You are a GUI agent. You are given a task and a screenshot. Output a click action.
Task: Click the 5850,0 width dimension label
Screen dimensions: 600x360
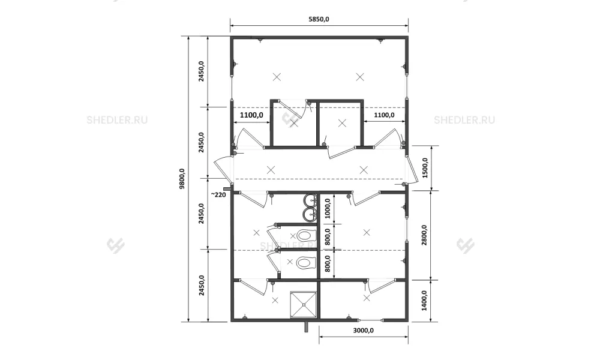coord(319,19)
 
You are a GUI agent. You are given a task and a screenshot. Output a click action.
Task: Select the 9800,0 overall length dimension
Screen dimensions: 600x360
coord(182,179)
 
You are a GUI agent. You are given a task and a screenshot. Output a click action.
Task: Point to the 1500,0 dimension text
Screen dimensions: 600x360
coord(425,168)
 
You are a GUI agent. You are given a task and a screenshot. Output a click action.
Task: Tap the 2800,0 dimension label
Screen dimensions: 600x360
coord(425,235)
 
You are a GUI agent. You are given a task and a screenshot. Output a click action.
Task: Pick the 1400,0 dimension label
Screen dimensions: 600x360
coord(425,301)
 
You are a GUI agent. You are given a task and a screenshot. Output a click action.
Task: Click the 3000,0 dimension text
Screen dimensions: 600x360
coord(364,330)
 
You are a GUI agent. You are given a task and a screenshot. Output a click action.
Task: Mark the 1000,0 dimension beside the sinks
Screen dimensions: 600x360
coord(328,209)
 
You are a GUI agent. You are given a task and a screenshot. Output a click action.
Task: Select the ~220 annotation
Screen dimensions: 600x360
coord(218,195)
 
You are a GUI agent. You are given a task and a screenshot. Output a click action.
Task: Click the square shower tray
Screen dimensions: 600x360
coord(304,305)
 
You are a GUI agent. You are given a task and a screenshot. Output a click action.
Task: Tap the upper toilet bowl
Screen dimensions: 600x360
coord(305,235)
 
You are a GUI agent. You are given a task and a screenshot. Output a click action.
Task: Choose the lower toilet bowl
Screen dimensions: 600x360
coord(305,262)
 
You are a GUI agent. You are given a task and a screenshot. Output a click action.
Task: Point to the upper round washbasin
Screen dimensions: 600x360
coord(310,200)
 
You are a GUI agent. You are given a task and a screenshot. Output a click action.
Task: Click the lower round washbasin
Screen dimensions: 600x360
coord(310,214)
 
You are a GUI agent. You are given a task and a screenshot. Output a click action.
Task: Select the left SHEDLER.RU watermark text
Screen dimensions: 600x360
coord(117,120)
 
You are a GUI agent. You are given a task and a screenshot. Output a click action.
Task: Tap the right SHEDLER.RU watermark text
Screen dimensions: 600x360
coord(464,120)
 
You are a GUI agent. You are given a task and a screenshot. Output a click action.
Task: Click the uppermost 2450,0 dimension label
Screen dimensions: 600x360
coord(201,71)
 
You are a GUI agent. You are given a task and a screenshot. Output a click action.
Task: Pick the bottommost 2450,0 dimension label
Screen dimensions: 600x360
coord(201,285)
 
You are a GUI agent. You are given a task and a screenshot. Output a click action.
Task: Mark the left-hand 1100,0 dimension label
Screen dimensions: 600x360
coord(251,115)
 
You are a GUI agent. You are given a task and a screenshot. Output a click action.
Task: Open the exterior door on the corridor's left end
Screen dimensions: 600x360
coord(224,169)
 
